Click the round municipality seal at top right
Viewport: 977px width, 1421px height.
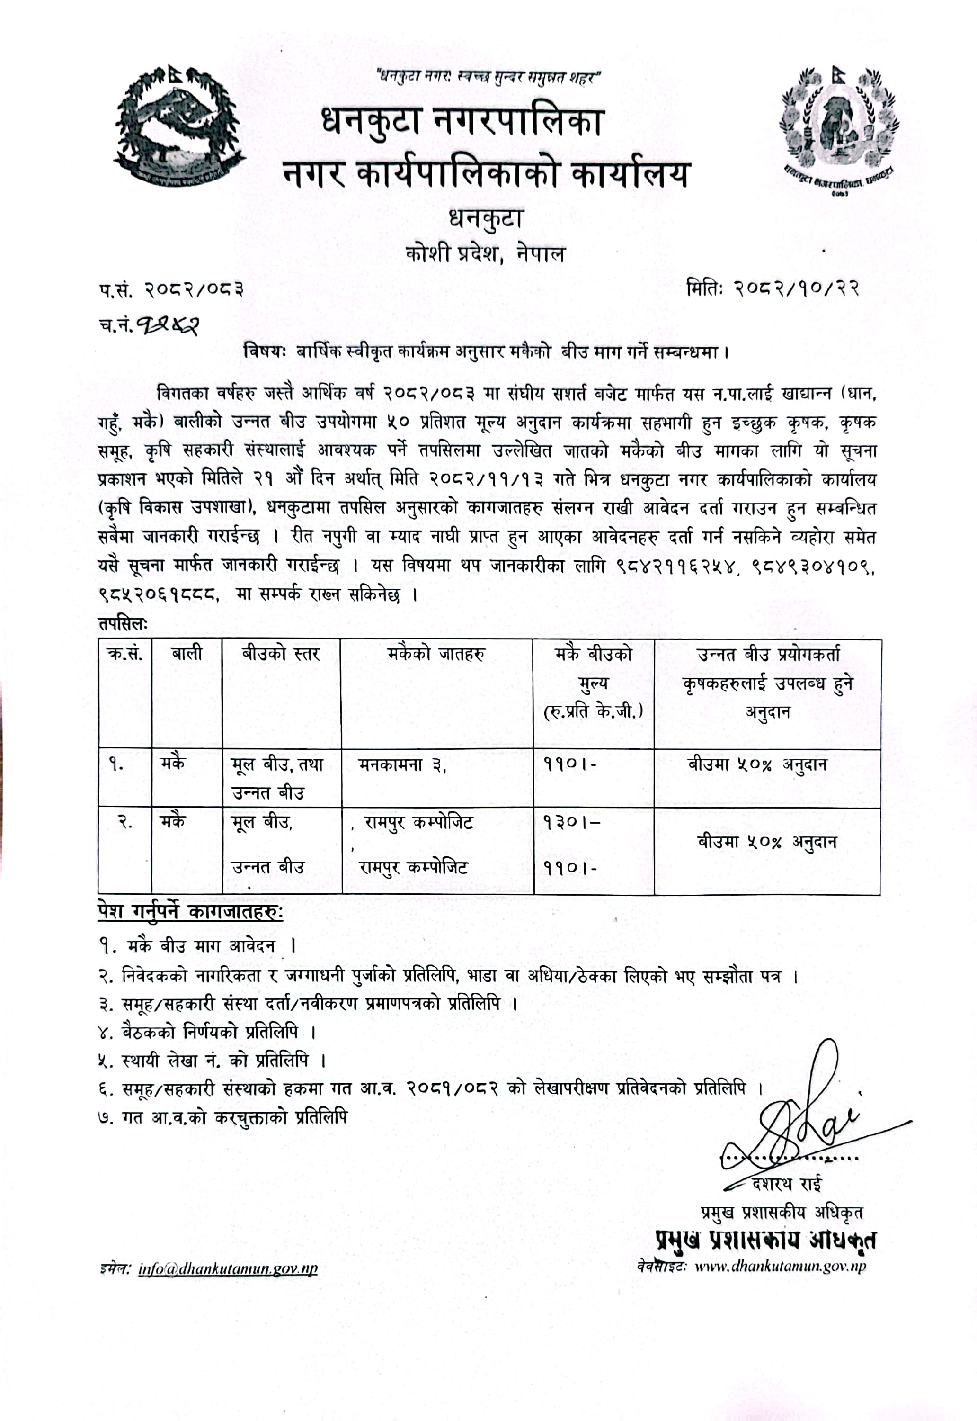point(836,129)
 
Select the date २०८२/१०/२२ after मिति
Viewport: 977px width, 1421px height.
point(796,288)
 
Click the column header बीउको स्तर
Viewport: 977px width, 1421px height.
point(280,654)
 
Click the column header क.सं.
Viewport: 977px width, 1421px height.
point(125,654)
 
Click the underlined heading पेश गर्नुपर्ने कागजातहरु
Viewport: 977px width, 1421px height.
point(190,911)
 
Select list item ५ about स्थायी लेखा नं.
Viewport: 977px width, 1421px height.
point(211,1060)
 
